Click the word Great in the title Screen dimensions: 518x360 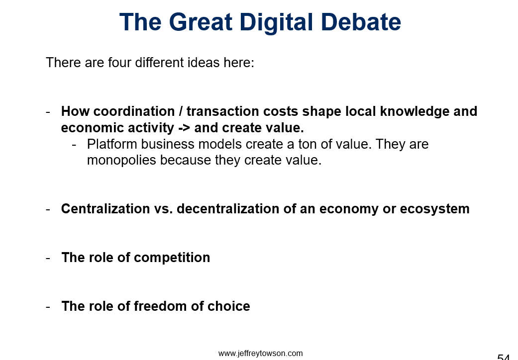pos(201,22)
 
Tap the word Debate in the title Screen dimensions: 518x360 pos(361,22)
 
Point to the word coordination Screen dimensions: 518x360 pos(134,111)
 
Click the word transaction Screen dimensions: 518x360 pos(222,111)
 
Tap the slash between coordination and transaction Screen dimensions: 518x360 pos(181,111)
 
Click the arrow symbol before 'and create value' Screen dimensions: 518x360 pos(184,128)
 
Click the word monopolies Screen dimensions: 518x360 pos(121,161)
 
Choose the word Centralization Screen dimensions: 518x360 pos(105,209)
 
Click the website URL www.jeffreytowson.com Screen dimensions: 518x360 pos(260,354)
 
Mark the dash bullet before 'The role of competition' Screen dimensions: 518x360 pos(48,258)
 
